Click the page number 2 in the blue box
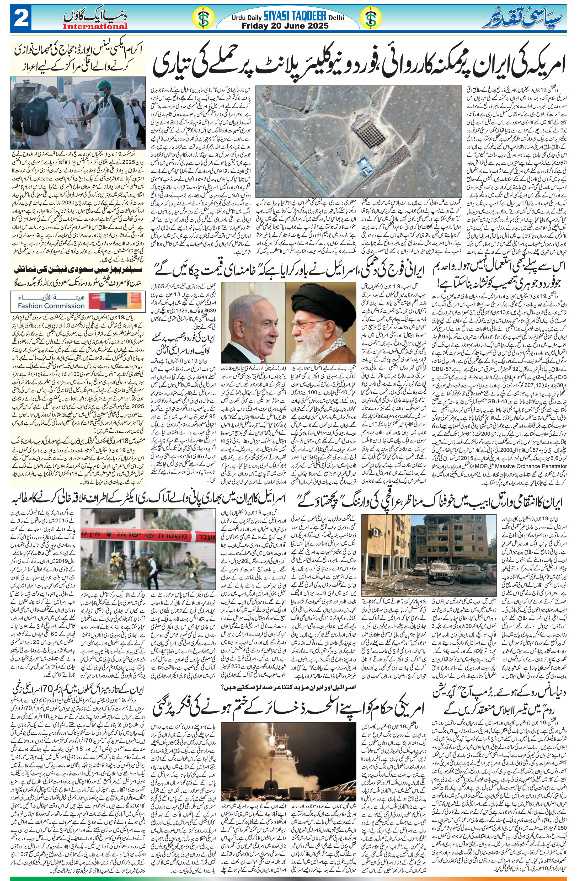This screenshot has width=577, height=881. (22, 18)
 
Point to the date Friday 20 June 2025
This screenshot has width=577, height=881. (285, 26)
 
